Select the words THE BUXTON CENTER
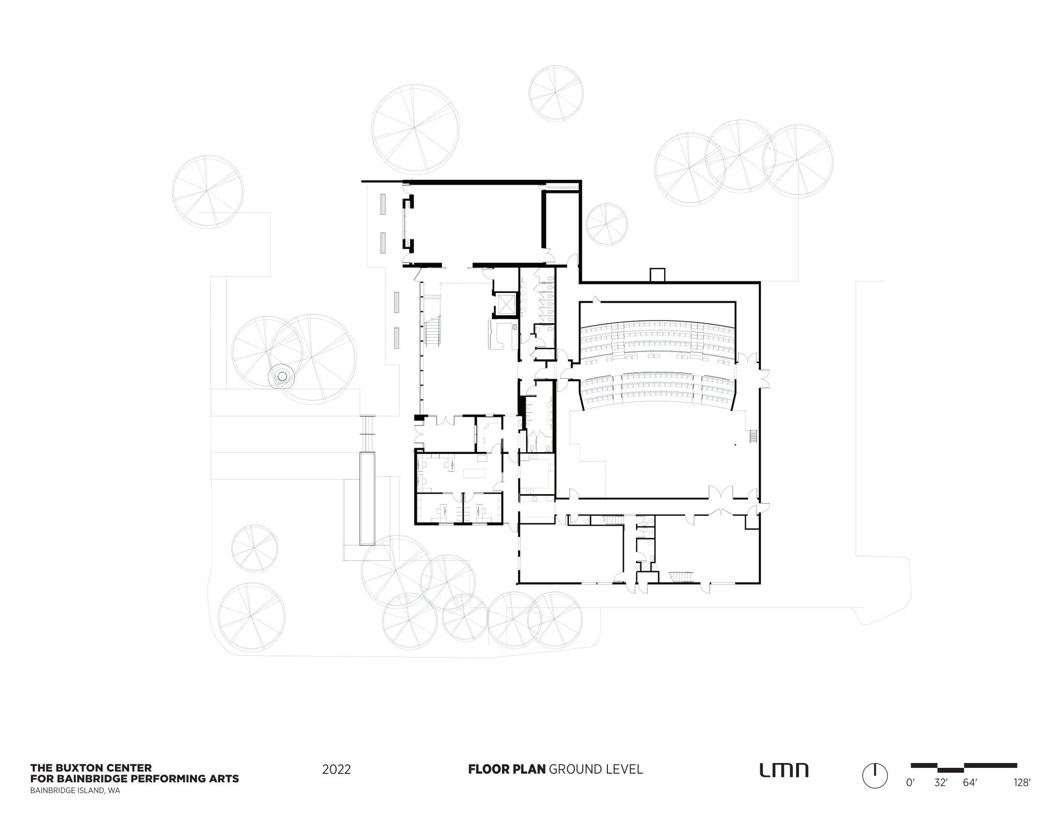point(91,768)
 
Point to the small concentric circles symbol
point(281,376)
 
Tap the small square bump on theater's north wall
point(657,275)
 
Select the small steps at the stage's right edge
point(753,436)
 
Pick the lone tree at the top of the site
point(556,93)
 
